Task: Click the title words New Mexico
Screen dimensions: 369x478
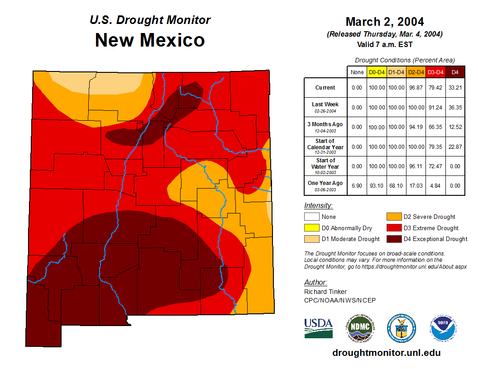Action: pyautogui.click(x=150, y=40)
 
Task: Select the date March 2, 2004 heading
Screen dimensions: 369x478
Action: pyautogui.click(x=384, y=22)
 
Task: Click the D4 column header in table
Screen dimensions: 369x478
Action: pyautogui.click(x=455, y=72)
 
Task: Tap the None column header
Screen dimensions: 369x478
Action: pyautogui.click(x=357, y=72)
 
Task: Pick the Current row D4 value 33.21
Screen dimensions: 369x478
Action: pyautogui.click(x=455, y=88)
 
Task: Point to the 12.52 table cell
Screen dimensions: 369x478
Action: pyautogui.click(x=455, y=127)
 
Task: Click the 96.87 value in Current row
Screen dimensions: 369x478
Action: pyautogui.click(x=416, y=88)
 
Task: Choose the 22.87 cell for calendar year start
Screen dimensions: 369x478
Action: pyautogui.click(x=455, y=147)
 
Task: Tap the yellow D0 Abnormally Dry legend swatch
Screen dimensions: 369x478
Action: pyautogui.click(x=312, y=228)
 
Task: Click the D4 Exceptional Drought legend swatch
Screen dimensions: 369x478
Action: pyautogui.click(x=393, y=239)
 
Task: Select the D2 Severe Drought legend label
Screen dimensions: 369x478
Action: pyautogui.click(x=429, y=217)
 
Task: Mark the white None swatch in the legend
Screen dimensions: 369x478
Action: pyautogui.click(x=312, y=217)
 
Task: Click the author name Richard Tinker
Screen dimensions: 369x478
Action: pyautogui.click(x=325, y=292)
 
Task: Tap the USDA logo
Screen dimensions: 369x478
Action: pyautogui.click(x=318, y=327)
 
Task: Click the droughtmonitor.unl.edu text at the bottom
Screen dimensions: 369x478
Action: pyautogui.click(x=386, y=353)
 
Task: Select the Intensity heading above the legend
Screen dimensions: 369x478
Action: pyautogui.click(x=318, y=205)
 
